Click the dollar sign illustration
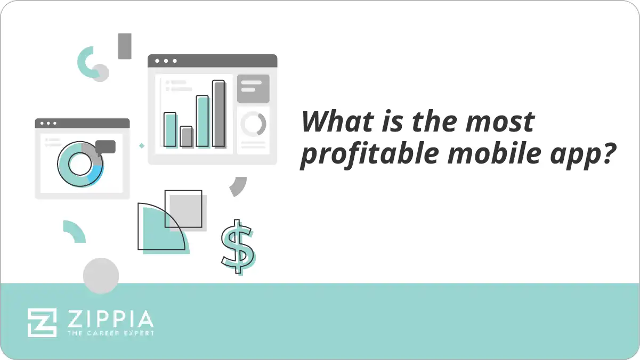[x=238, y=247]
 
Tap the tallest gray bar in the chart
[x=218, y=113]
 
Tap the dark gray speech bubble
[x=106, y=146]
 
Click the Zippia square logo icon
[x=42, y=322]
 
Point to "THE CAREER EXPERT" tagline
[x=110, y=333]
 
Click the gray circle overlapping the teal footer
[x=101, y=275]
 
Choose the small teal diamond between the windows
[x=142, y=145]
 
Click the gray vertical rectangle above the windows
[x=125, y=46]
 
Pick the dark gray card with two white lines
[x=253, y=88]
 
